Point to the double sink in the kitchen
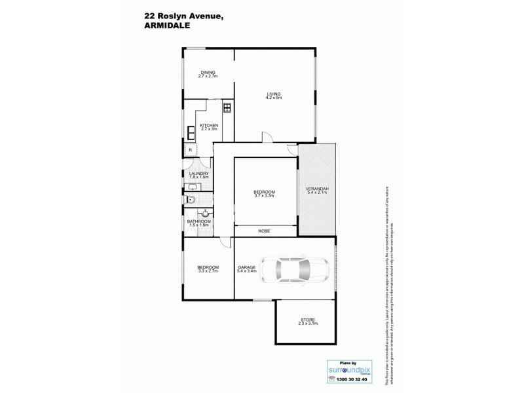click(x=191, y=133)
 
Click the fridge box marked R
click(x=190, y=150)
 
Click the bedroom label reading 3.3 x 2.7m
click(x=208, y=269)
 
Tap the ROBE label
click(x=265, y=231)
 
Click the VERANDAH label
click(x=317, y=191)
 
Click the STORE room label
click(x=307, y=320)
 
